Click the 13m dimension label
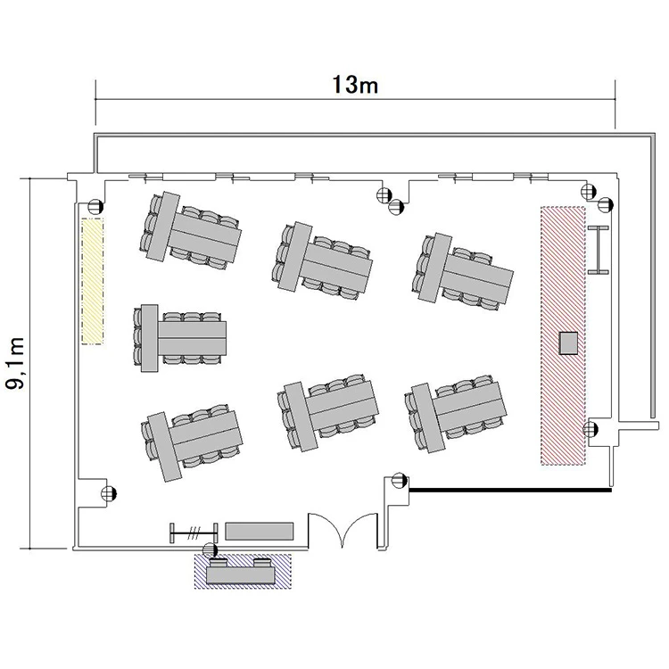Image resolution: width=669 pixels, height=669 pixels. click(x=355, y=85)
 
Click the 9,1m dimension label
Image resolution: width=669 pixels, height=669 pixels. click(x=16, y=363)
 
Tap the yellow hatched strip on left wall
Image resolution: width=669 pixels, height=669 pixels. click(x=93, y=281)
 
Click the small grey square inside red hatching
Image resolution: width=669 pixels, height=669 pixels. click(x=569, y=343)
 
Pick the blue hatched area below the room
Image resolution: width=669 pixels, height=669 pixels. click(x=243, y=571)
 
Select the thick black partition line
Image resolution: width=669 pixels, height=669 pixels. click(x=510, y=491)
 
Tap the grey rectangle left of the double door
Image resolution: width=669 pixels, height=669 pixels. click(x=260, y=532)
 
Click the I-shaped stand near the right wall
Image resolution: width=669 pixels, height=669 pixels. click(x=599, y=250)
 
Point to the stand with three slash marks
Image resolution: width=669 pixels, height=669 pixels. click(x=194, y=533)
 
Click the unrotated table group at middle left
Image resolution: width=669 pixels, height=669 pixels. click(x=179, y=338)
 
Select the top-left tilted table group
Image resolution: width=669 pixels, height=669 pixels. click(x=190, y=232)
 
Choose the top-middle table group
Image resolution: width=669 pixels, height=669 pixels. click(x=321, y=259)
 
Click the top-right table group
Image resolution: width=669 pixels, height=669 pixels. click(x=463, y=272)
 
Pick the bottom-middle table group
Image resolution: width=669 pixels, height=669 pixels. click(x=327, y=412)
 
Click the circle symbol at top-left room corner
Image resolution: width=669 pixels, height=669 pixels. click(x=95, y=207)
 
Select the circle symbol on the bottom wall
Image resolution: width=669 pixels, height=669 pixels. click(x=210, y=550)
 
